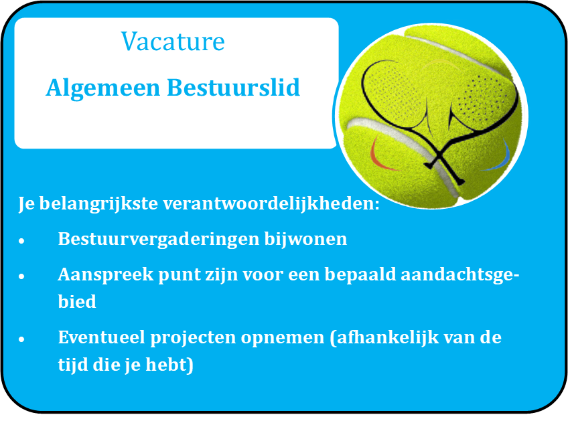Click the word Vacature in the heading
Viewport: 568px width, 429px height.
coord(173,41)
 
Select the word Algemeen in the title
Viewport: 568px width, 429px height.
coord(103,88)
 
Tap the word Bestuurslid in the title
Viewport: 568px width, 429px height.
coord(233,88)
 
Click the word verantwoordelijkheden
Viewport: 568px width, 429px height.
coord(271,203)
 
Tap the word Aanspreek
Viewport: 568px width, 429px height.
coord(106,275)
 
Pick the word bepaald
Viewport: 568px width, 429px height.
coord(360,274)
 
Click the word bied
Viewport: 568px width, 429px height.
coord(77,302)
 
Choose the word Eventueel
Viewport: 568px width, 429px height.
coord(102,337)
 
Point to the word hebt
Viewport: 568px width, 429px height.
coord(169,365)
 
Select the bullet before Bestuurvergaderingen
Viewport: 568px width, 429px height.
coord(21,241)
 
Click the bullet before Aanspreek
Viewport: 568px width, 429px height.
coord(21,276)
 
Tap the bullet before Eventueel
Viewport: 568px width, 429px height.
coord(21,339)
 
